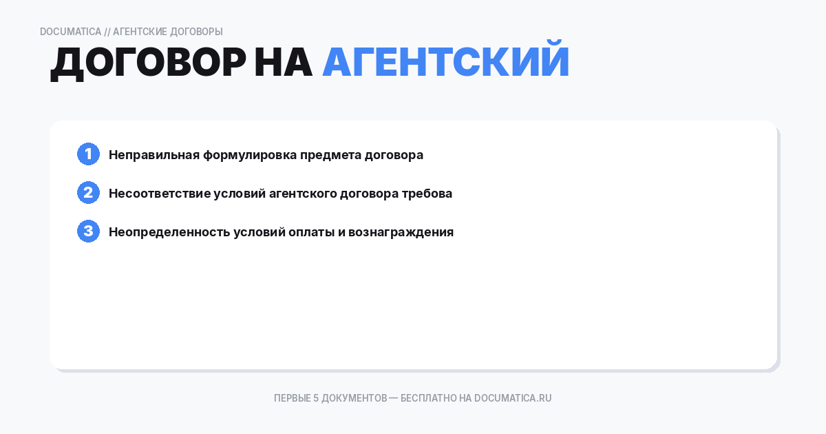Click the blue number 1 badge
coord(88,154)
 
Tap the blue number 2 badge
coord(88,193)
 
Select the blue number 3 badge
coord(88,231)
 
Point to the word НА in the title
coord(283,63)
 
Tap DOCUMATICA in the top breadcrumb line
coord(70,32)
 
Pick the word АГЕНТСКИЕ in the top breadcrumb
coord(137,32)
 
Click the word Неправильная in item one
coord(154,155)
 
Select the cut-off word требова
coord(427,194)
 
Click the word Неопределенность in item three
coord(169,232)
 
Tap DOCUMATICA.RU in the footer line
coord(513,398)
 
